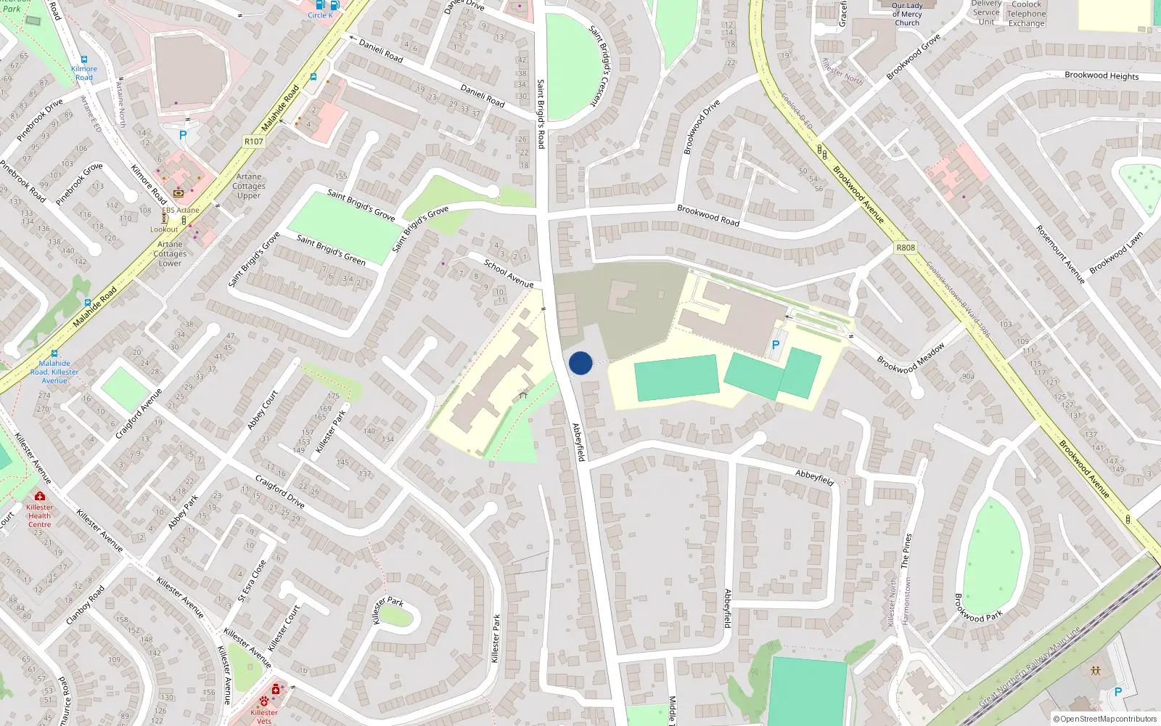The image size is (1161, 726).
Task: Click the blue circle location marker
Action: click(580, 363)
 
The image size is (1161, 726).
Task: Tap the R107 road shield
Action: click(253, 142)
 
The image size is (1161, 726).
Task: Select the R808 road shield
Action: click(906, 248)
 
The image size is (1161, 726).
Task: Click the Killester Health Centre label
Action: click(39, 515)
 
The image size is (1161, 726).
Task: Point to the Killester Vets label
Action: click(264, 717)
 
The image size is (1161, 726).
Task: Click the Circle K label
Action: click(320, 15)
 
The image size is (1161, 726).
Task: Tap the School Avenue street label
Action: click(508, 273)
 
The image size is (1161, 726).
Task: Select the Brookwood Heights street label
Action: click(1101, 76)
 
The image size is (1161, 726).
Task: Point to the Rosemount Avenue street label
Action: click(1060, 254)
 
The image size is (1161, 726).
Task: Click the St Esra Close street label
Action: click(252, 582)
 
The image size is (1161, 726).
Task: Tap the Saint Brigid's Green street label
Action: click(331, 250)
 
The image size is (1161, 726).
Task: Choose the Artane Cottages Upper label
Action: click(249, 186)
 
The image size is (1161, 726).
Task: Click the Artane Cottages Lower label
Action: click(171, 253)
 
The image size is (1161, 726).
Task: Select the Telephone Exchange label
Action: click(1026, 18)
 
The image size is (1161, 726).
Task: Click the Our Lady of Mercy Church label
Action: click(907, 14)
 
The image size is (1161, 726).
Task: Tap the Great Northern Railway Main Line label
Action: click(1030, 666)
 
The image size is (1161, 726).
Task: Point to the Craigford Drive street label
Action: click(279, 492)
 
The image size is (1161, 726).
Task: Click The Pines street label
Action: click(906, 550)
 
